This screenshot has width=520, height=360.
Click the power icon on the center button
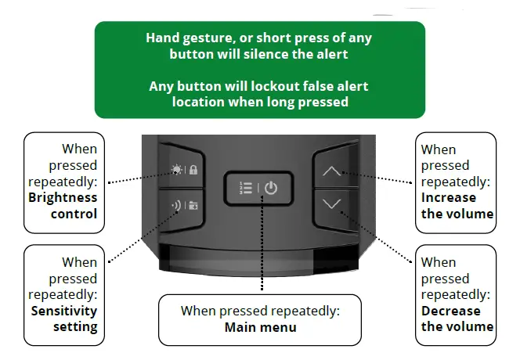[270, 189]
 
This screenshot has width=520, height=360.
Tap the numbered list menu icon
[244, 189]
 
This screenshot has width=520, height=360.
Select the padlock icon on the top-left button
[193, 169]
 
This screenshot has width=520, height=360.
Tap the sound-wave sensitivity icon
[176, 207]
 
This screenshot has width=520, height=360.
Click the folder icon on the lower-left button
[193, 207]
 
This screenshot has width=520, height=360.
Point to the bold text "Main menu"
[260, 327]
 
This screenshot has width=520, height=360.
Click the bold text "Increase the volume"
[457, 205]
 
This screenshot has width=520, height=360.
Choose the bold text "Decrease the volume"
[457, 319]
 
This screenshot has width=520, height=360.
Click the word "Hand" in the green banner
[163, 38]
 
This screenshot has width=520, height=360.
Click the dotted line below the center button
[261, 250]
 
